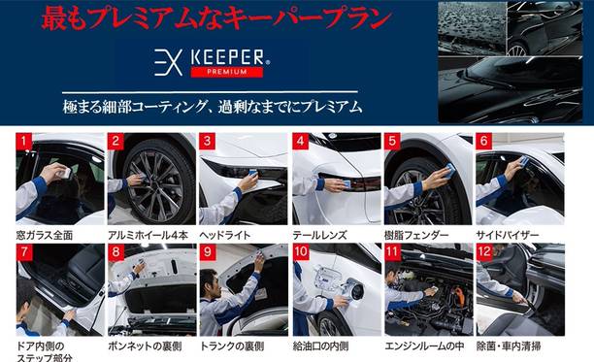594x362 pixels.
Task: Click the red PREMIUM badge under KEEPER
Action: (x=226, y=72)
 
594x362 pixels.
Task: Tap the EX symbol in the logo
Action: (x=169, y=62)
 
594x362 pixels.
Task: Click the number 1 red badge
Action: (x=24, y=142)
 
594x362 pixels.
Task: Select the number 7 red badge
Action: (x=24, y=251)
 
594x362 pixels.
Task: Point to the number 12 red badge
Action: (x=484, y=251)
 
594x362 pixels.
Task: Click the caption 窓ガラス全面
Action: (x=45, y=236)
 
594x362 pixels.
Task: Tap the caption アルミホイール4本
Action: (x=148, y=236)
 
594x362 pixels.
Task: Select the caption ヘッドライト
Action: (x=225, y=236)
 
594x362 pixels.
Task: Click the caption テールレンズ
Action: (x=319, y=236)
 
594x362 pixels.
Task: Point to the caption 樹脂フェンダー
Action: (x=416, y=236)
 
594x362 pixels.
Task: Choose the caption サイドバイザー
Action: (x=508, y=236)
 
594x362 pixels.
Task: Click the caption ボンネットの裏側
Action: (x=145, y=346)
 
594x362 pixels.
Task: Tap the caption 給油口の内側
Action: (x=320, y=346)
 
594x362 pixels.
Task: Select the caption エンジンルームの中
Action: (x=424, y=346)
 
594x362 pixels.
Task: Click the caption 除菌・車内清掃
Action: (x=509, y=346)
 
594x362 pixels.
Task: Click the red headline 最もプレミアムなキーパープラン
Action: (x=216, y=18)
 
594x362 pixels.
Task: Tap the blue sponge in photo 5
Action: (x=450, y=171)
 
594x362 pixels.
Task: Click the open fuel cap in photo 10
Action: (x=355, y=290)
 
